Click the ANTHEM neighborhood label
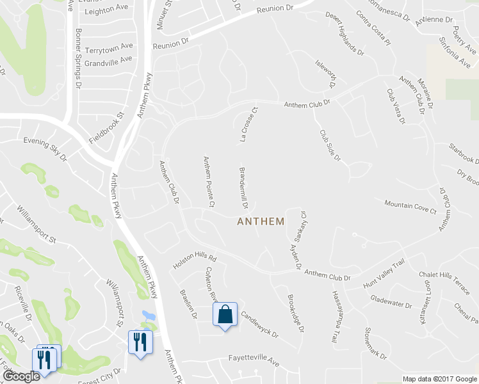(261, 221)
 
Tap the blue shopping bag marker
(225, 315)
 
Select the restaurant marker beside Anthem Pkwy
(140, 341)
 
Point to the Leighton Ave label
(106, 9)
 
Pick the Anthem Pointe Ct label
(207, 182)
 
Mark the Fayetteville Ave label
(255, 362)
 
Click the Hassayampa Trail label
(335, 318)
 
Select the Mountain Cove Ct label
(410, 207)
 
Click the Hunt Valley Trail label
(384, 274)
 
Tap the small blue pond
(149, 316)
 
